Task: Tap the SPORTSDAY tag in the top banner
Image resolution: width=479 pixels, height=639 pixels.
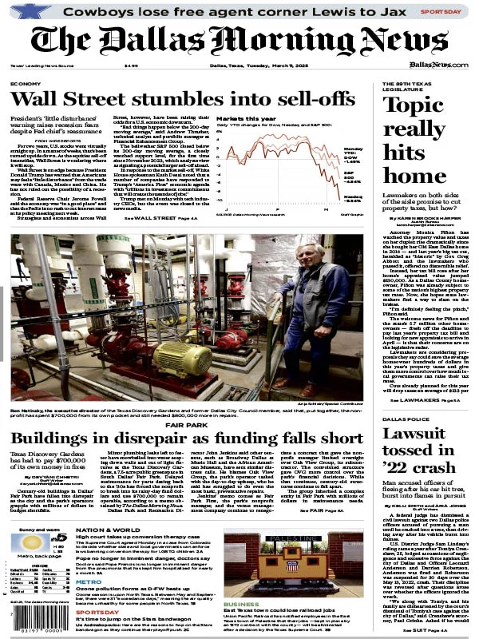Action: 441,13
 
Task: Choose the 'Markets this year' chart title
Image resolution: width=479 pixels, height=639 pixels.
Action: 239,117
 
